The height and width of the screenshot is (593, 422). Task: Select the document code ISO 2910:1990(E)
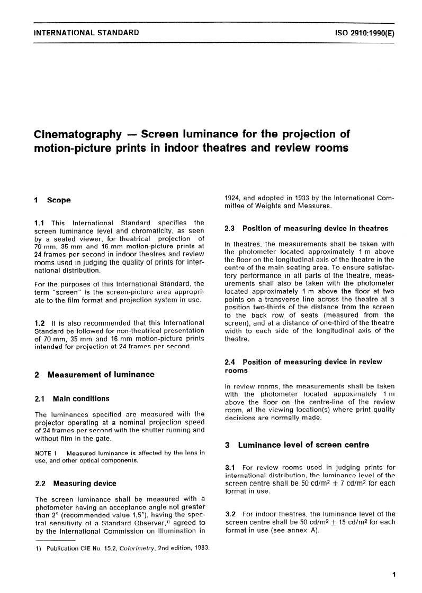tap(365, 33)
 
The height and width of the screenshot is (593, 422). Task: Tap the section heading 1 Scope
tap(52, 200)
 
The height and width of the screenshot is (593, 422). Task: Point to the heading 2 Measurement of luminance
tap(94, 375)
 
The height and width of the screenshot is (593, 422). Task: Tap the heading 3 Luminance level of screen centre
tap(297, 445)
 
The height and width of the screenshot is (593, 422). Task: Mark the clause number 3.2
tap(231, 514)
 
